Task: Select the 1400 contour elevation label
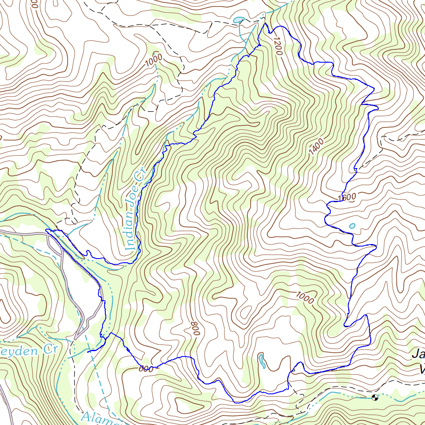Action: click(316, 148)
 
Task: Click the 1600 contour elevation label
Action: click(347, 198)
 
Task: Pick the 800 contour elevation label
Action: click(195, 328)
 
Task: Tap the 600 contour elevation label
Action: click(146, 369)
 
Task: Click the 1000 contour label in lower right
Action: click(305, 297)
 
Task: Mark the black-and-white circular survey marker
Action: click(375, 398)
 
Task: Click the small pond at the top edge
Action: click(238, 20)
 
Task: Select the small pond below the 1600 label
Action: click(352, 226)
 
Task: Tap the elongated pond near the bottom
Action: click(261, 361)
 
